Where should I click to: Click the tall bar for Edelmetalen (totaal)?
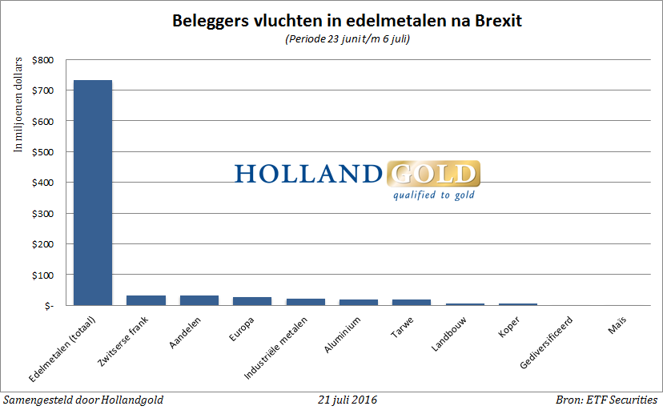pyautogui.click(x=93, y=192)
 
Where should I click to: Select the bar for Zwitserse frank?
pyautogui.click(x=146, y=300)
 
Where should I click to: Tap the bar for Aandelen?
pyautogui.click(x=199, y=300)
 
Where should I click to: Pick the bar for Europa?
pyautogui.click(x=252, y=301)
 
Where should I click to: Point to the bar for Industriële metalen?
pyautogui.click(x=305, y=302)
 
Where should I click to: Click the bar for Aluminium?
pyautogui.click(x=358, y=302)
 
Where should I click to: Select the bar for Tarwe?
pyautogui.click(x=411, y=302)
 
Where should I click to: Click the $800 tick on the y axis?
pyautogui.click(x=44, y=60)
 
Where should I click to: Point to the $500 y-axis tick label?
pyautogui.click(x=44, y=152)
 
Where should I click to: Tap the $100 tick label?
pyautogui.click(x=44, y=275)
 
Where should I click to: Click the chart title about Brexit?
pyautogui.click(x=347, y=22)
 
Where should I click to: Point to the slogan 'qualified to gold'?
pyautogui.click(x=433, y=195)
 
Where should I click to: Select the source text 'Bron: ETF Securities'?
pyautogui.click(x=606, y=400)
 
